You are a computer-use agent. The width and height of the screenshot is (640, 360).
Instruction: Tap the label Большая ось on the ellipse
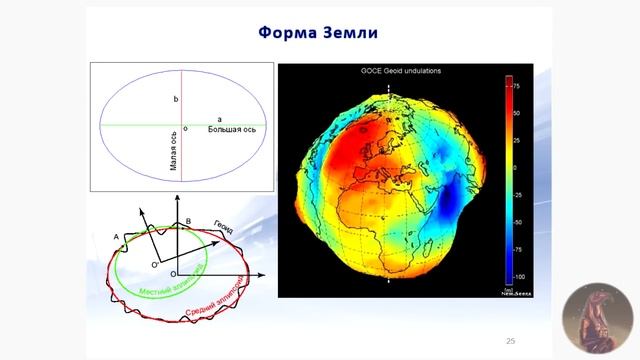click(232, 130)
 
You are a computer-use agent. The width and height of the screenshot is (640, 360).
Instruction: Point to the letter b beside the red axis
click(176, 100)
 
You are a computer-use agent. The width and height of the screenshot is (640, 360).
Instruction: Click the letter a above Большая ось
click(219, 120)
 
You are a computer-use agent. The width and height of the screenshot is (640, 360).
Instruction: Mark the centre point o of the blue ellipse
click(185, 129)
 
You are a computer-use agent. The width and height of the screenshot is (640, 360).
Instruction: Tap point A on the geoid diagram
click(116, 237)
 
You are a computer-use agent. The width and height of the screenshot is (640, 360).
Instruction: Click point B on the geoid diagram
click(188, 221)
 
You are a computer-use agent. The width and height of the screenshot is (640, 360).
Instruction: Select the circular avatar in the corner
click(598, 319)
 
